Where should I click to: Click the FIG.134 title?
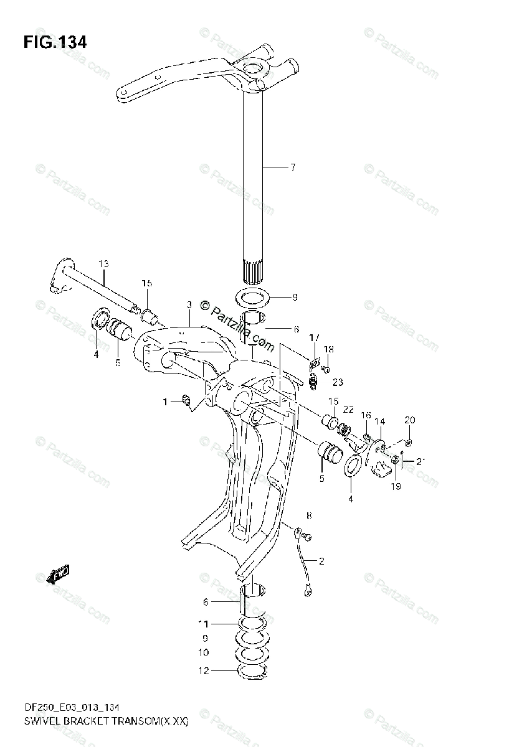(x=55, y=42)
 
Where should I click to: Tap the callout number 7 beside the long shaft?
(x=292, y=167)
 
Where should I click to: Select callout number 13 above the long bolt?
(x=103, y=263)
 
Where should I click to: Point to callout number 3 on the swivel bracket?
(x=188, y=304)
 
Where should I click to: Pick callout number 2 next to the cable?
(x=321, y=561)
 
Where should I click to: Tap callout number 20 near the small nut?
(x=409, y=420)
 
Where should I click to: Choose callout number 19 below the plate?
(x=396, y=486)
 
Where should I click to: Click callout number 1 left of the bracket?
(x=166, y=402)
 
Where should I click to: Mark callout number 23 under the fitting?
(x=338, y=382)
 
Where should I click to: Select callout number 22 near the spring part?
(x=348, y=409)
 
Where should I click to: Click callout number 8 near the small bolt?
(x=308, y=515)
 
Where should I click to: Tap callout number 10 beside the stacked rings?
(x=202, y=653)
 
